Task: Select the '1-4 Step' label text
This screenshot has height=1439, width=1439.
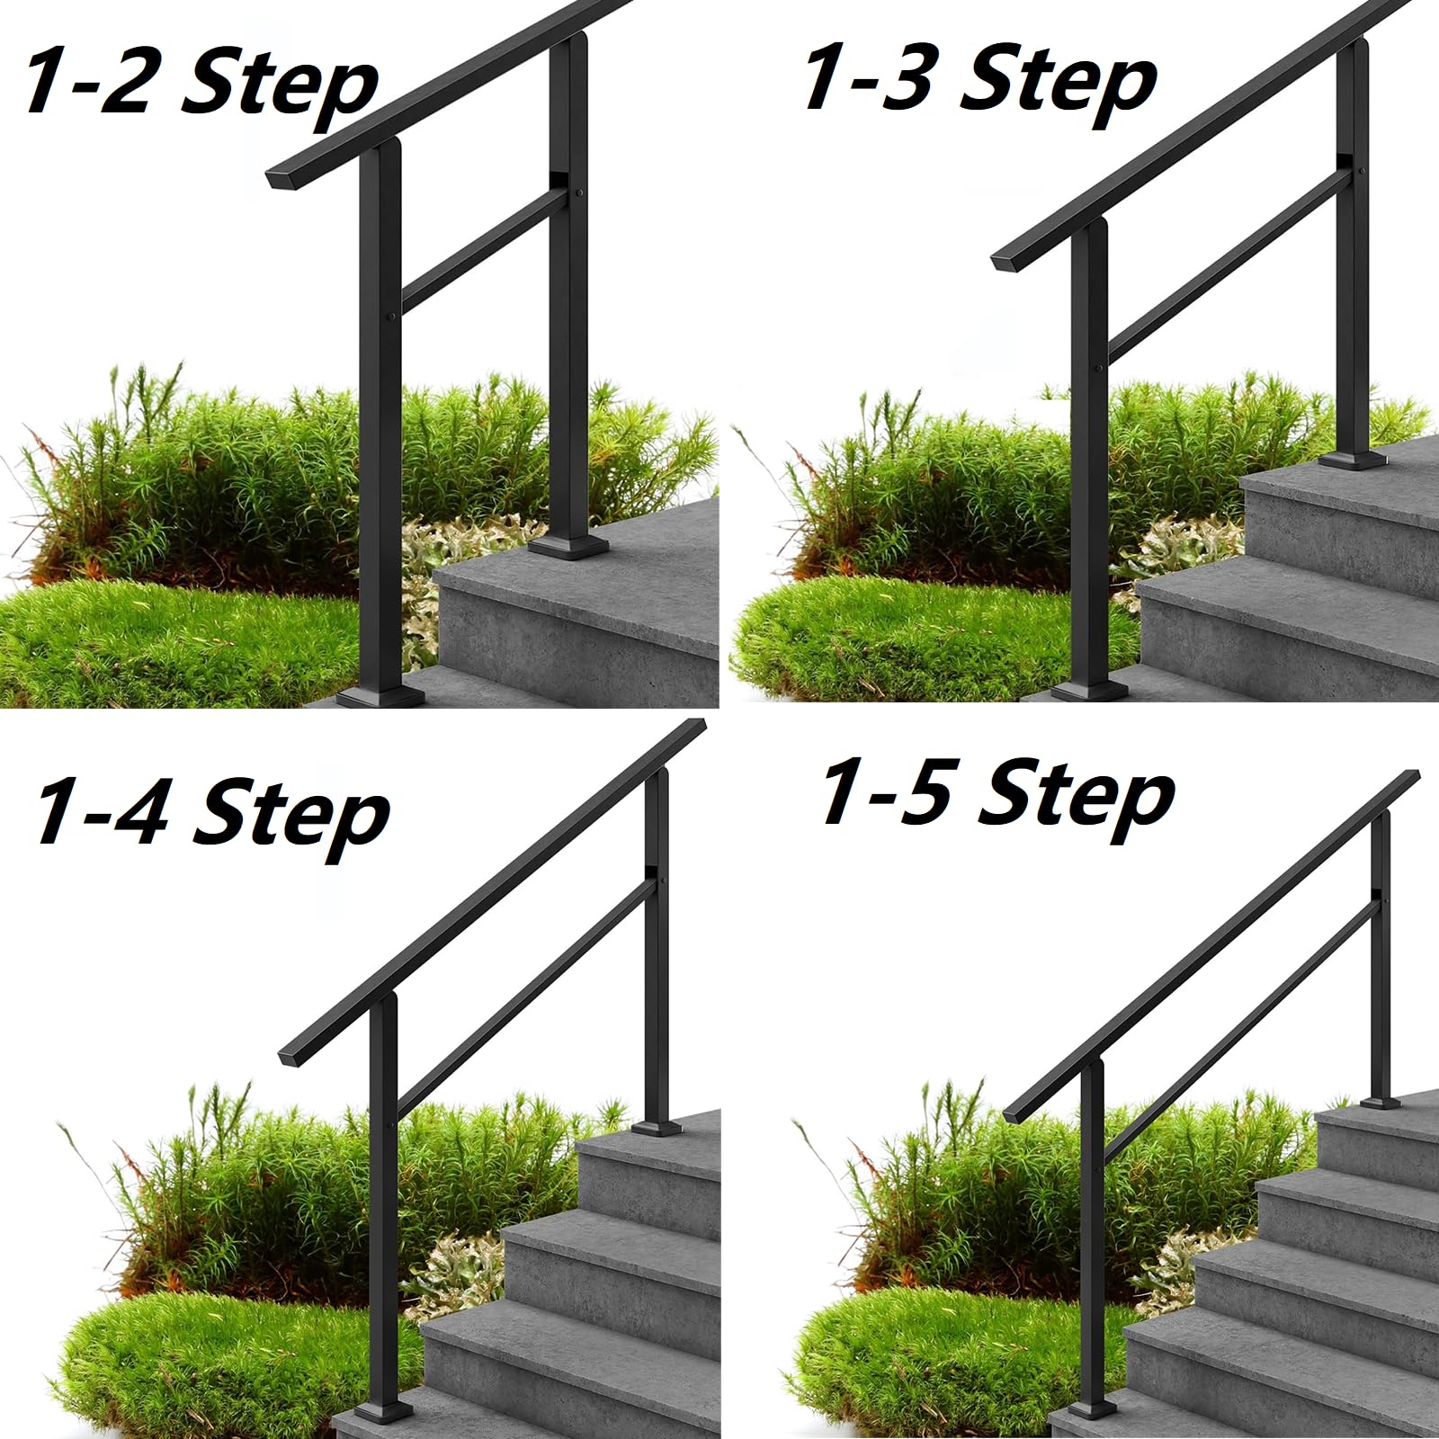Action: (211, 814)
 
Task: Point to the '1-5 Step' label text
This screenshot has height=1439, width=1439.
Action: (997, 793)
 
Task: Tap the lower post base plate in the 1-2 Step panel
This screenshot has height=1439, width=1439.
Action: (380, 697)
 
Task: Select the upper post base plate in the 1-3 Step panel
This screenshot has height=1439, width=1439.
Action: (1353, 460)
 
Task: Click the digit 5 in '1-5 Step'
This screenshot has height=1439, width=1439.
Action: (925, 791)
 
